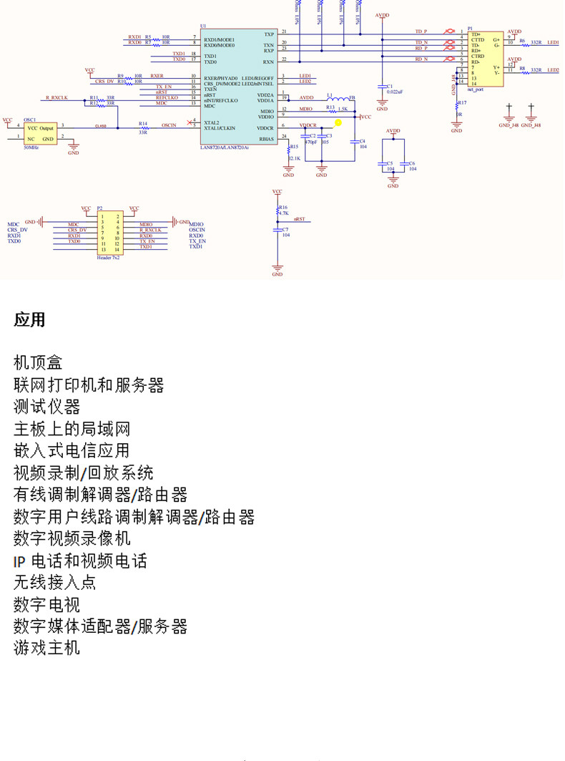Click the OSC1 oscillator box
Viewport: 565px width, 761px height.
pos(41,133)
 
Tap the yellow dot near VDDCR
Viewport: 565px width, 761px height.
pos(338,122)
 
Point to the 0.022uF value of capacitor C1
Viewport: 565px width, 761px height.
pos(395,92)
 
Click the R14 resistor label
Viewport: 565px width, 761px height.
pos(143,123)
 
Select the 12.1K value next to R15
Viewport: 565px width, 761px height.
pos(295,157)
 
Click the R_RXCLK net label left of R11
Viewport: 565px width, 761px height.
pos(56,97)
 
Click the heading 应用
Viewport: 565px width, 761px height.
pos(29,320)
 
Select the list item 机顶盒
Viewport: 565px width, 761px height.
pos(38,363)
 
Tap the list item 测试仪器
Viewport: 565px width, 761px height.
pos(46,407)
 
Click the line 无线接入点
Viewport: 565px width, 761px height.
pos(54,582)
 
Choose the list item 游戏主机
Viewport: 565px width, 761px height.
pos(46,648)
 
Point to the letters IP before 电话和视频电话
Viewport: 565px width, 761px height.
pos(19,561)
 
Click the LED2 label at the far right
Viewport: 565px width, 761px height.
pos(553,70)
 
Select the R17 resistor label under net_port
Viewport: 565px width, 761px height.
pos(462,103)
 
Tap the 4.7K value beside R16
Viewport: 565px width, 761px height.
pos(284,213)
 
